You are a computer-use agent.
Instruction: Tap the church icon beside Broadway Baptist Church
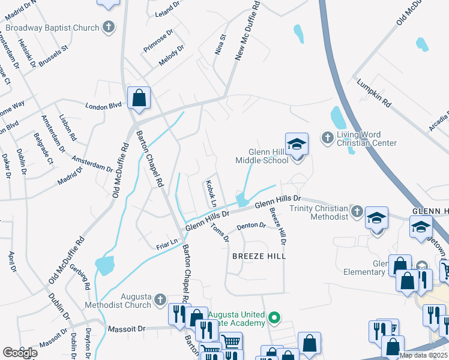tap(109, 27)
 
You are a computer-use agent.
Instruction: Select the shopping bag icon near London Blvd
tap(139, 98)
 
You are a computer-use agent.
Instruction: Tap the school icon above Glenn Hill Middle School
tap(297, 144)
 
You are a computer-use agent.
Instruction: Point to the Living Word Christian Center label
tap(367, 139)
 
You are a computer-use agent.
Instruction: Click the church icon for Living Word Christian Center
tap(328, 138)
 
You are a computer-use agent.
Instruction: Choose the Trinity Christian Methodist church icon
tap(357, 211)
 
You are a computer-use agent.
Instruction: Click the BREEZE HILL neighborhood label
tap(259, 256)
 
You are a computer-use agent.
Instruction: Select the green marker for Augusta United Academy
tap(274, 317)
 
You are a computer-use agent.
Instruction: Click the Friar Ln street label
tap(167, 243)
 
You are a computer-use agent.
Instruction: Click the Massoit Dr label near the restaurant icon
tap(127, 329)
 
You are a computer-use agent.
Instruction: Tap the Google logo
tap(20, 353)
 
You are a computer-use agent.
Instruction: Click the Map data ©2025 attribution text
tap(423, 355)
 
